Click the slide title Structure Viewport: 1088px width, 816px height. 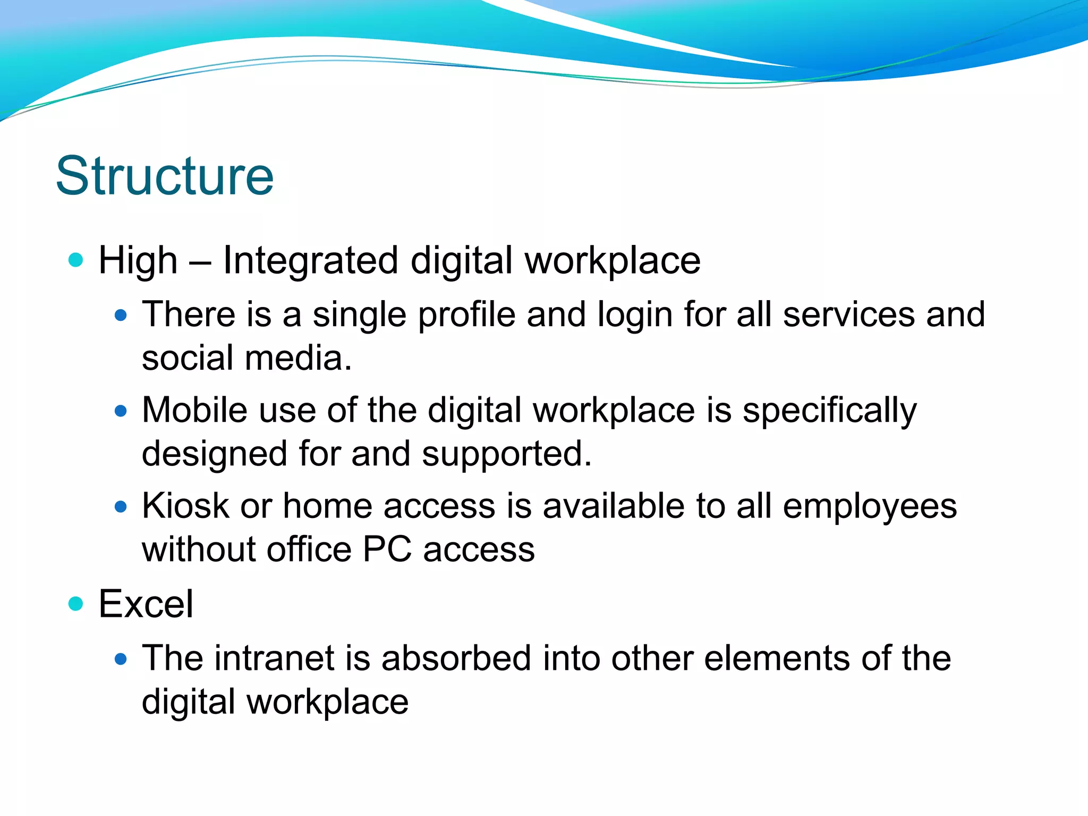[x=165, y=176]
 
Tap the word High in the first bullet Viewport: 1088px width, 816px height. [x=138, y=261]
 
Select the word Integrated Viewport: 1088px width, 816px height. [x=310, y=261]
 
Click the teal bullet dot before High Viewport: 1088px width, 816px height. [x=76, y=260]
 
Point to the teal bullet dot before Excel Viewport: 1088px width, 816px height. [x=76, y=603]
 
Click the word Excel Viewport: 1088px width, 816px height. [x=146, y=605]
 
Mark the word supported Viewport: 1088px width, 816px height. [x=506, y=455]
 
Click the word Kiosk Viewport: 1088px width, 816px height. [x=185, y=506]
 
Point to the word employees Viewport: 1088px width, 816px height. [x=870, y=507]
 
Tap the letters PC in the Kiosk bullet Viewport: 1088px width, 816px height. [x=387, y=549]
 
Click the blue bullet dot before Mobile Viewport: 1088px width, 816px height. [x=121, y=411]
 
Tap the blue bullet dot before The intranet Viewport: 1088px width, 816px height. [x=121, y=659]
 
